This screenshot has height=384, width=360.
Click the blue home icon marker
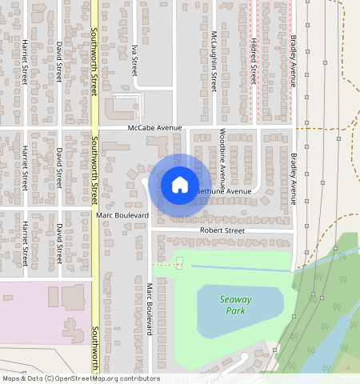pyautogui.click(x=180, y=185)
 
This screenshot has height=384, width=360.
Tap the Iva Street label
pyautogui.click(x=135, y=57)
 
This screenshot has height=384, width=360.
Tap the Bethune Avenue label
pyautogui.click(x=224, y=192)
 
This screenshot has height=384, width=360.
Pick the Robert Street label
pyautogui.click(x=222, y=230)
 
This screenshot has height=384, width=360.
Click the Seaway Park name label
pyautogui.click(x=235, y=305)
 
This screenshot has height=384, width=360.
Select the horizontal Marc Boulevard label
pyautogui.click(x=122, y=216)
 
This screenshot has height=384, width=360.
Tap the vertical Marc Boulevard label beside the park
pyautogui.click(x=149, y=309)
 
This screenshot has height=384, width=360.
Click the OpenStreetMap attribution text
pyautogui.click(x=81, y=378)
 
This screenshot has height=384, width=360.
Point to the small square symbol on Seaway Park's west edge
pyautogui.click(x=179, y=262)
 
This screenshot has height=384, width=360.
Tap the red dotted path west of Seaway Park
pyautogui.click(x=162, y=264)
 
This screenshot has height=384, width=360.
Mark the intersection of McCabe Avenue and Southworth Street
pyautogui.click(x=94, y=128)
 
